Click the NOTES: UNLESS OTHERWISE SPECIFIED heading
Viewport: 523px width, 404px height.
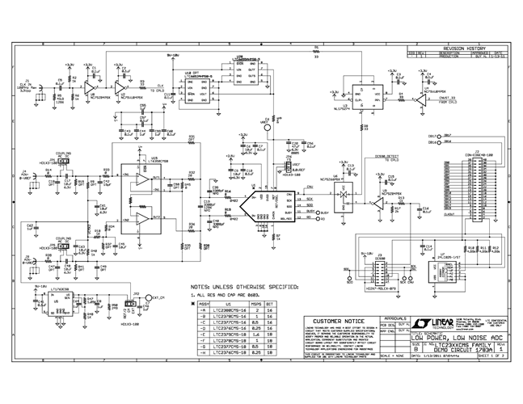click(x=243, y=286)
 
